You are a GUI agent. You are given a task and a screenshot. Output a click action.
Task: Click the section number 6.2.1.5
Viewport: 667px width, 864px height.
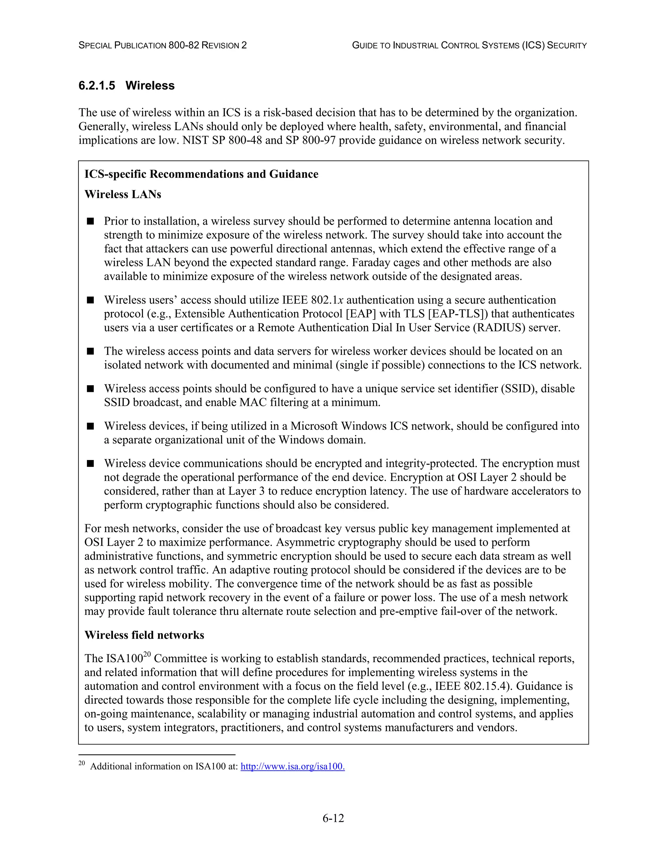tap(97, 85)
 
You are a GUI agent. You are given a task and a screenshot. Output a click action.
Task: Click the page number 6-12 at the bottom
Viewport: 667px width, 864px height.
tap(333, 818)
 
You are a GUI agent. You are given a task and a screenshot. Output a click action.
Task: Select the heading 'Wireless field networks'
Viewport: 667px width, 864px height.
tap(144, 635)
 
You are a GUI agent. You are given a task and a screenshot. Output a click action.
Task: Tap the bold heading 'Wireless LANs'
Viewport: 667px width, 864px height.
tap(123, 194)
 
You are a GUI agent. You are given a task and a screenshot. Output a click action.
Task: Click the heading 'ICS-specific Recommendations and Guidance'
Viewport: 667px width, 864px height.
tap(201, 174)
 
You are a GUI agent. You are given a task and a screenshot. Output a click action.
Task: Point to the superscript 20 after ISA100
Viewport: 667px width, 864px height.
tap(147, 655)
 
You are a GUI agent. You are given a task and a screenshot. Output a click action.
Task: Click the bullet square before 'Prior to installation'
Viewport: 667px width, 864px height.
tap(91, 221)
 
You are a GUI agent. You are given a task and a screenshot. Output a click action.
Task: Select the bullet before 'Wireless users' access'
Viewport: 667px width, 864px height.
tap(91, 300)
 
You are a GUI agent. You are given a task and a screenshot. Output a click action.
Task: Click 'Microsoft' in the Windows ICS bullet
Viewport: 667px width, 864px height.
tap(314, 426)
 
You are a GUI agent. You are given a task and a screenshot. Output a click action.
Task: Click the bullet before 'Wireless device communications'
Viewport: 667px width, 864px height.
tap(91, 463)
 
